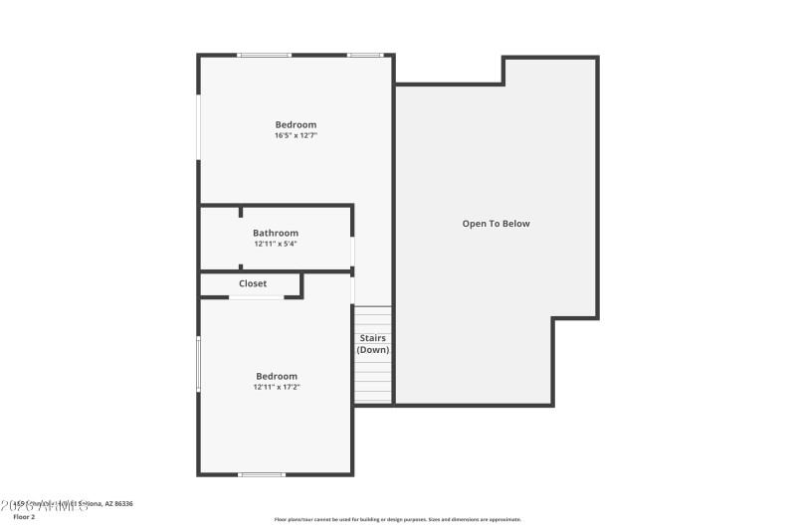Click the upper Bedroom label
coord(296,125)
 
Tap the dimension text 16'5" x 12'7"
coord(296,135)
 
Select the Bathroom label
coord(275,234)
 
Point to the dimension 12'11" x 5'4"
coord(275,244)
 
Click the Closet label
coord(253,283)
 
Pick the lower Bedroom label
coord(277,377)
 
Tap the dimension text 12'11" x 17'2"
coord(277,387)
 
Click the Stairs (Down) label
coord(373,344)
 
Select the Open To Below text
coord(496,224)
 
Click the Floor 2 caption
coord(24,517)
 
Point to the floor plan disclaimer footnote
coord(397,519)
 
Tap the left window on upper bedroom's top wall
coord(264,55)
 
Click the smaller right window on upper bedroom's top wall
coord(364,55)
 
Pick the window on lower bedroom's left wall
coord(198,363)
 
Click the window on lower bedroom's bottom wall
coord(262,474)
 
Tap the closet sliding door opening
coord(257,297)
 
